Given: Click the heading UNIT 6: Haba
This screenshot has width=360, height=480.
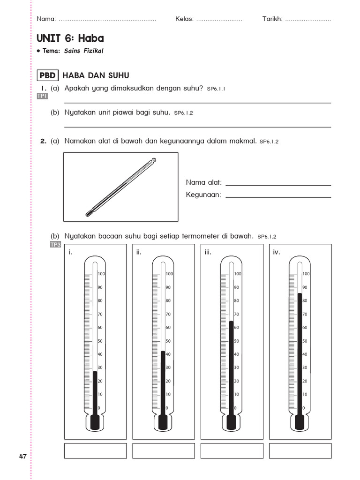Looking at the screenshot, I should pyautogui.click(x=70, y=38).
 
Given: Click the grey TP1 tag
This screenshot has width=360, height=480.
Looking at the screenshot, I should pyautogui.click(x=42, y=96).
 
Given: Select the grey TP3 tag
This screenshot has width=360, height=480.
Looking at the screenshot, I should pyautogui.click(x=55, y=244).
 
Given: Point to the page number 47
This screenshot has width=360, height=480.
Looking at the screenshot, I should pyautogui.click(x=22, y=457).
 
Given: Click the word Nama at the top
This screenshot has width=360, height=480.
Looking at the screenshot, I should pyautogui.click(x=46, y=19).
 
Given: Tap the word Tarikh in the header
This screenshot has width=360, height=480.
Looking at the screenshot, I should pyautogui.click(x=272, y=19).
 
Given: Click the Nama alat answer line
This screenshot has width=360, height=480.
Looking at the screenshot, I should pyautogui.click(x=278, y=185).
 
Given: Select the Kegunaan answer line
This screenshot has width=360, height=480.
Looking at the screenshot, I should pyautogui.click(x=278, y=197).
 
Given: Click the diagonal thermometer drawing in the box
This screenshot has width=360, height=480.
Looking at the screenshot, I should pyautogui.click(x=120, y=187).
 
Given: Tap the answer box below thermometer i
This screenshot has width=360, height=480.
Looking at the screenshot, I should pyautogui.click(x=95, y=450).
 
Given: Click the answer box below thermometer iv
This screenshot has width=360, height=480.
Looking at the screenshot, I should pyautogui.click(x=300, y=450).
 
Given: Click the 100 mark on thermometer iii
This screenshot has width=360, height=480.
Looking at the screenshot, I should pyautogui.click(x=238, y=274).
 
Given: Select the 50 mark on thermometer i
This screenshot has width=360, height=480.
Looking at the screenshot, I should pyautogui.click(x=100, y=341).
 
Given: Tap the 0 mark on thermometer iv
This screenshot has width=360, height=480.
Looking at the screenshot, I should pyautogui.click(x=304, y=408).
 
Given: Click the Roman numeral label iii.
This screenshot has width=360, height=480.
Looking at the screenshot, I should pyautogui.click(x=208, y=252).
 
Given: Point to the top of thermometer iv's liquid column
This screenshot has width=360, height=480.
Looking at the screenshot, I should pyautogui.click(x=300, y=294).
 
